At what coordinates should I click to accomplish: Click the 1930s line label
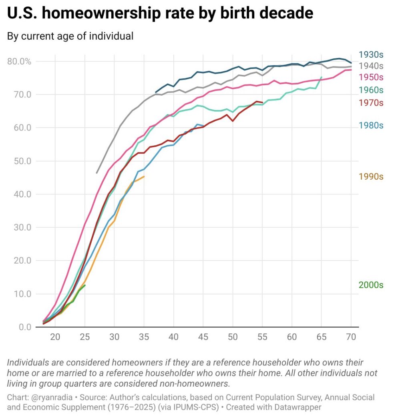click(371, 55)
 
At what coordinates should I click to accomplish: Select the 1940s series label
click(371, 66)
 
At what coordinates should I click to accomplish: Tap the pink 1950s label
click(371, 77)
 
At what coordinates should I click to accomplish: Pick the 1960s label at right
click(371, 90)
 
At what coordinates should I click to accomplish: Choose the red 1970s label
click(371, 103)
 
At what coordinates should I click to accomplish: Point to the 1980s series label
click(371, 125)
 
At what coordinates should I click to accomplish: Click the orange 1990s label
click(371, 176)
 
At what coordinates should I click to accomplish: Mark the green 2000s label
click(371, 285)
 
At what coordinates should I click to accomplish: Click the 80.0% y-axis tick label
click(19, 62)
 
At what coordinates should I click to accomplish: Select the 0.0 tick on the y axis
click(25, 327)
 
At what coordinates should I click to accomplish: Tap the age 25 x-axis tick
click(84, 337)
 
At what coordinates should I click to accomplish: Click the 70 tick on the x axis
click(351, 337)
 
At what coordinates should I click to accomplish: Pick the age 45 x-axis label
click(203, 337)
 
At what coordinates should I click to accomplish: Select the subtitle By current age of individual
click(70, 36)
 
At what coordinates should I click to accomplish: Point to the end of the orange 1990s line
click(144, 176)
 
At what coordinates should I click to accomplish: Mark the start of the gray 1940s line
click(96, 173)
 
